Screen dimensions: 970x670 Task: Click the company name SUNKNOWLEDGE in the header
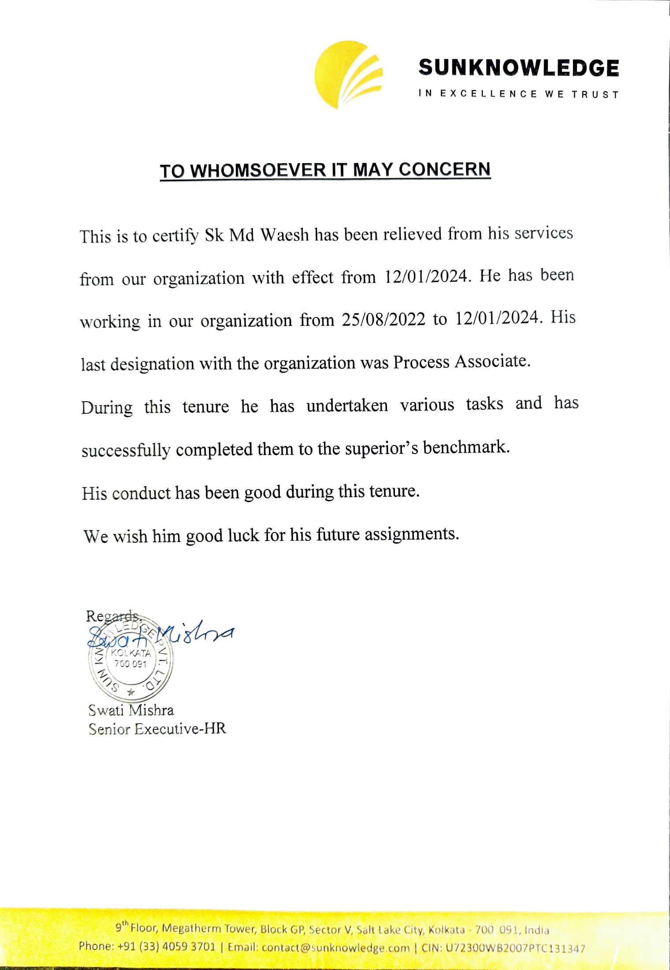tap(518, 68)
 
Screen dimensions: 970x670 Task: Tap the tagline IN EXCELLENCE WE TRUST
tap(518, 94)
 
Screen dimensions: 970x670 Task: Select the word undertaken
tap(347, 405)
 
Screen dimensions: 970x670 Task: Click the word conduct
tap(141, 493)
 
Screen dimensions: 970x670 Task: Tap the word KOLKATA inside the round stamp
tap(130, 653)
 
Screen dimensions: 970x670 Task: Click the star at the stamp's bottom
tap(130, 692)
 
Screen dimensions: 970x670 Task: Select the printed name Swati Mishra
tap(131, 710)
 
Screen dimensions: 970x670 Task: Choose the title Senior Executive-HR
tap(157, 729)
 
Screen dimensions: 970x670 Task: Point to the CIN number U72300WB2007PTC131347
tap(515, 948)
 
